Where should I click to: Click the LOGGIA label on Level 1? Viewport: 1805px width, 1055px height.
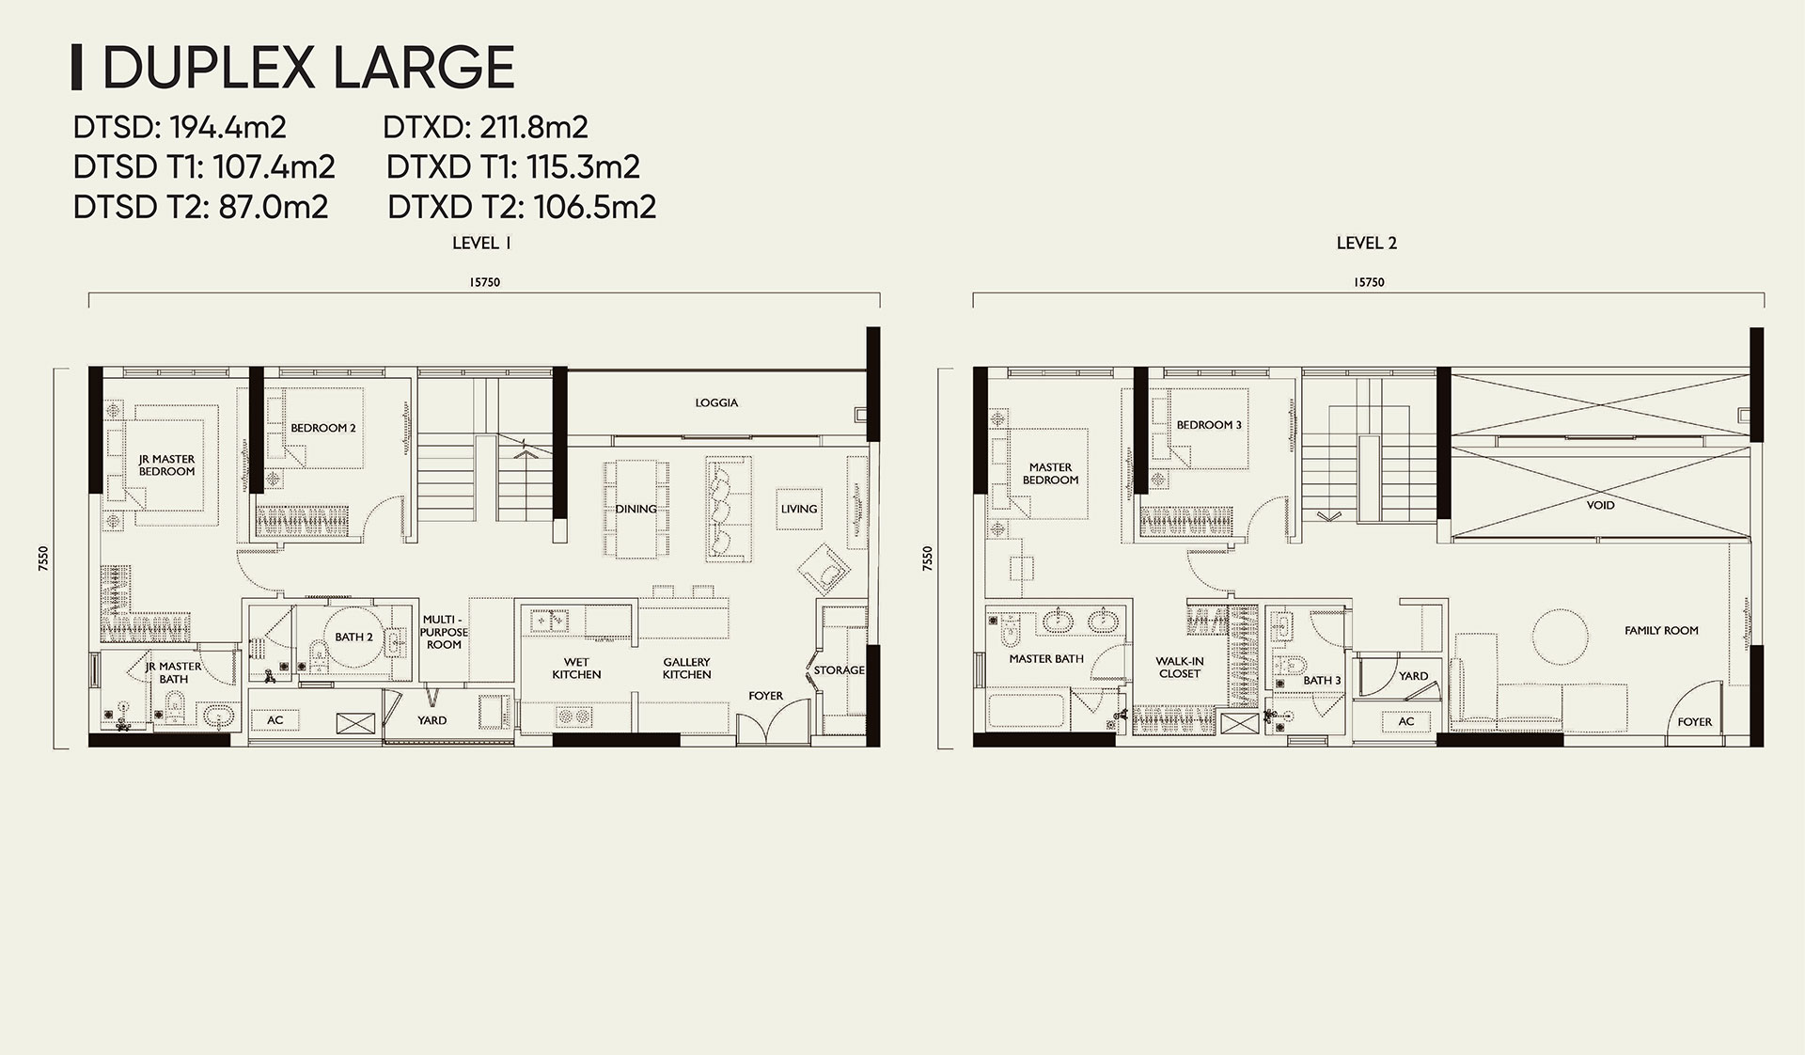(x=716, y=402)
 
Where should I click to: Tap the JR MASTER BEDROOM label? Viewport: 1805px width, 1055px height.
(x=166, y=465)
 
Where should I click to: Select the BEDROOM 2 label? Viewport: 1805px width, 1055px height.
(x=322, y=428)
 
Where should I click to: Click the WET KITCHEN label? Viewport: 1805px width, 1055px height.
(x=576, y=669)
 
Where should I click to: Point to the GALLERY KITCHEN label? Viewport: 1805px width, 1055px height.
(x=686, y=669)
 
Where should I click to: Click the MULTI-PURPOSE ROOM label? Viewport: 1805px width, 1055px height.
(x=444, y=632)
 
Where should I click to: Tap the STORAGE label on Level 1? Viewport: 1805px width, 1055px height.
(x=839, y=670)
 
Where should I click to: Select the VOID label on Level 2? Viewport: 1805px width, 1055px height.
(x=1600, y=505)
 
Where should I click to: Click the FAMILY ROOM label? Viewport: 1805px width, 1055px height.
(x=1661, y=631)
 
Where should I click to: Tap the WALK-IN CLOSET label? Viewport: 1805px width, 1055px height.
(x=1179, y=668)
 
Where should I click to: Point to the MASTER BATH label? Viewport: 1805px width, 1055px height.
(x=1046, y=659)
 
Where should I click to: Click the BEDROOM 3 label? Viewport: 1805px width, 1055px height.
(x=1209, y=425)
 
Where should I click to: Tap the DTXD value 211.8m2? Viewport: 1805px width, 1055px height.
(x=534, y=127)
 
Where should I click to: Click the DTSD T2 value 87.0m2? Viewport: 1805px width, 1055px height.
(x=274, y=207)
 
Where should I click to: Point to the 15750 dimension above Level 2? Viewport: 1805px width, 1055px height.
(x=1369, y=282)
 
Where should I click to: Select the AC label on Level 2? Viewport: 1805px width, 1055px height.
(x=1405, y=722)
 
